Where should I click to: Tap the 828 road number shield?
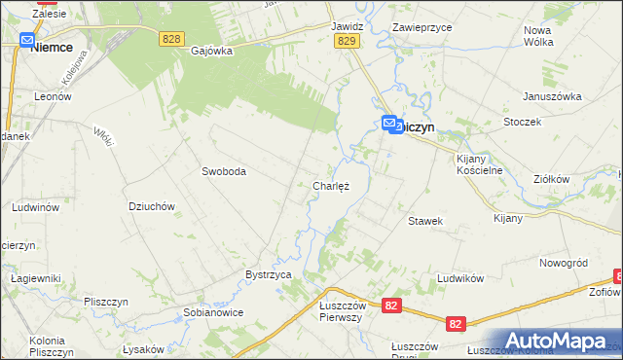pos(172,37)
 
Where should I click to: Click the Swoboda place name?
pos(224,171)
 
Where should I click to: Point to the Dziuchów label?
pos(151,206)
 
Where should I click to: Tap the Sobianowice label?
pos(212,312)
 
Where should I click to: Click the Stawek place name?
pos(425,221)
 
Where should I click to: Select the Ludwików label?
pos(460,278)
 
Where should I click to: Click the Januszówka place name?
pos(551,96)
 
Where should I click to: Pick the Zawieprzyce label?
pos(421,28)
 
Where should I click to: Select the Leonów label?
pos(54,97)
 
